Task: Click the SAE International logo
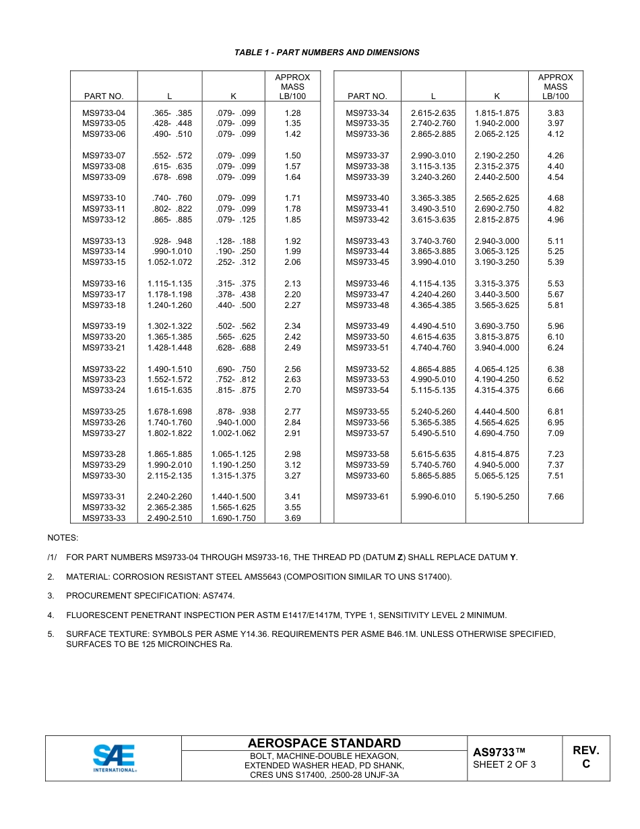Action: [114, 758]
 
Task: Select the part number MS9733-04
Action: [104, 113]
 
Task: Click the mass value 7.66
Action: [555, 497]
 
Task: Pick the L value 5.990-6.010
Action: [433, 497]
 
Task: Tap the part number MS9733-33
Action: [104, 518]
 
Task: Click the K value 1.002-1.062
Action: [233, 433]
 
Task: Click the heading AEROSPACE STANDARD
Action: [324, 743]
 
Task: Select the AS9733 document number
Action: [499, 752]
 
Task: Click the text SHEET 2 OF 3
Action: [505, 764]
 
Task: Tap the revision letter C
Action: [585, 764]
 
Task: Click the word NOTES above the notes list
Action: [63, 538]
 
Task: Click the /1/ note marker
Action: [52, 557]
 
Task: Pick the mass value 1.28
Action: [292, 113]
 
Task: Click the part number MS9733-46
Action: [367, 284]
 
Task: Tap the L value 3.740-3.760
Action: [433, 241]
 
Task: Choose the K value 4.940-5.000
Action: [497, 465]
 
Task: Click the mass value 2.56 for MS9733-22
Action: [292, 369]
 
